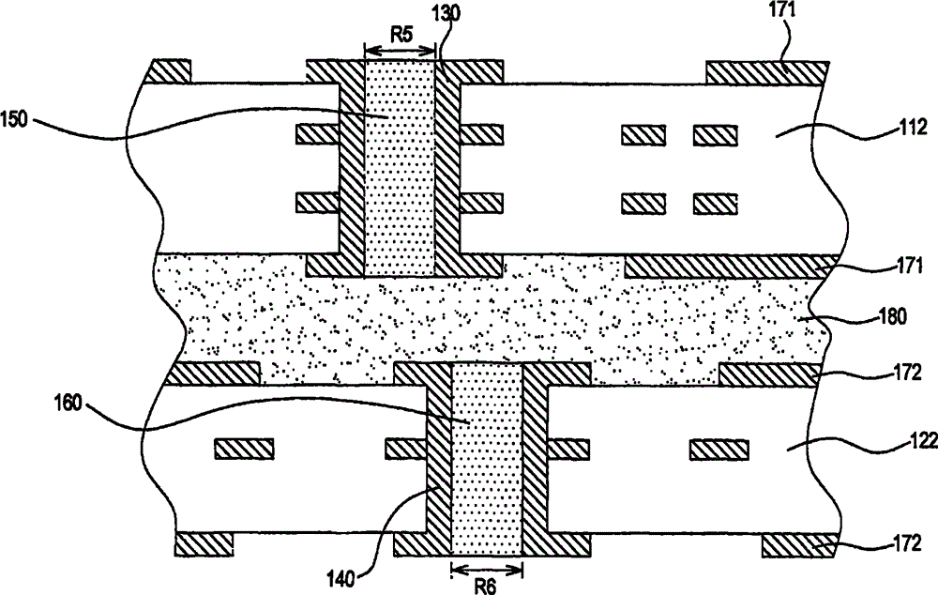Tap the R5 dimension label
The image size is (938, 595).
[x=400, y=36]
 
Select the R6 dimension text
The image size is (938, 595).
[x=486, y=583]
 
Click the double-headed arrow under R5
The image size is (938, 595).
[x=400, y=53]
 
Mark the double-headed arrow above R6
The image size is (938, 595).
[x=486, y=568]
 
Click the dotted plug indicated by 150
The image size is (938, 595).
[x=400, y=178]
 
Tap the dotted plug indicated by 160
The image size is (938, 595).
[x=487, y=460]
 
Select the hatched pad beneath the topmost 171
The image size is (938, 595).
[x=765, y=72]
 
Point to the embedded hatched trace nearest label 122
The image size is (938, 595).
[x=719, y=450]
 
